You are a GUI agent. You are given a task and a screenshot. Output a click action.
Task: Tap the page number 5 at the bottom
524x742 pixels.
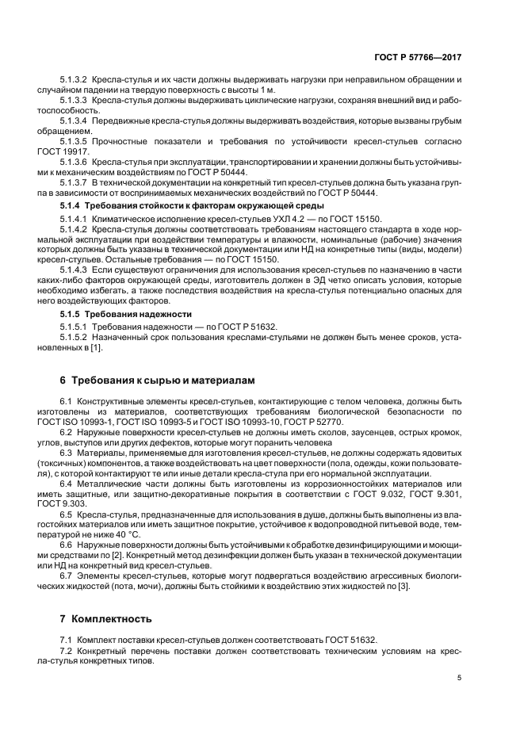460,678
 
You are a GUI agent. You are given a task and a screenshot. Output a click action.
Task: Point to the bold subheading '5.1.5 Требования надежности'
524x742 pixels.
115,314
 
